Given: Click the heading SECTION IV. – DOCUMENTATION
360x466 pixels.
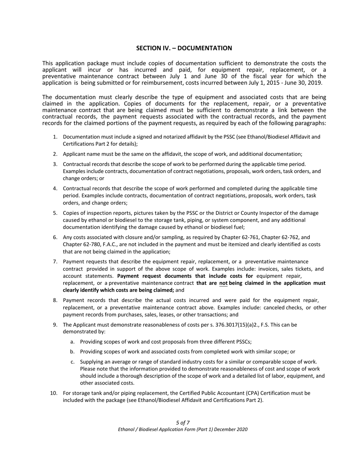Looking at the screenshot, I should (x=184, y=48).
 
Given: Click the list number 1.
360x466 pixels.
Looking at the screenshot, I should (x=55, y=137).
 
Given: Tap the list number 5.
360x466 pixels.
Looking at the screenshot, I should (x=55, y=213).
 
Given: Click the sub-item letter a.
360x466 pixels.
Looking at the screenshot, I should (x=72, y=341).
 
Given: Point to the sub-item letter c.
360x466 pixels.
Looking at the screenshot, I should (x=72, y=362).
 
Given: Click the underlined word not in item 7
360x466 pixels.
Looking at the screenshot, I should (x=223, y=283).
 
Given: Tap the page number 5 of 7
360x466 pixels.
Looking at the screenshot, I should (x=183, y=423).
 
